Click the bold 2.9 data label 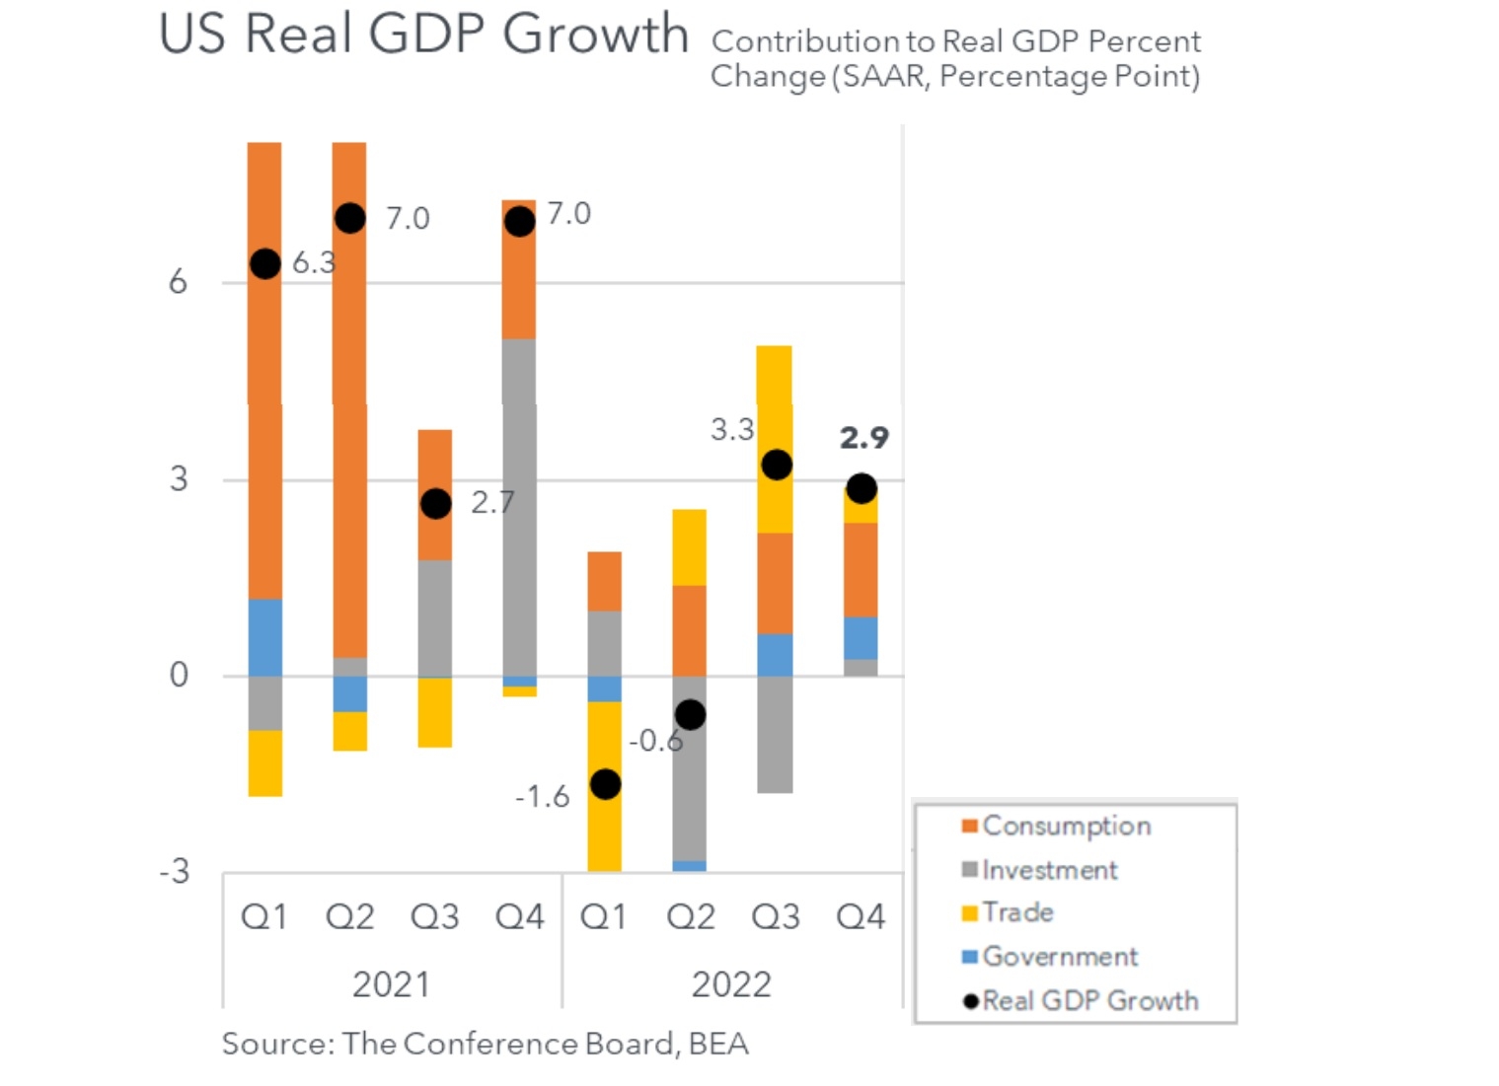tap(864, 437)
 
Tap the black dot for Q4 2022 tap(862, 488)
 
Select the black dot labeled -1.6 tap(605, 784)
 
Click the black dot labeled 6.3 tap(264, 263)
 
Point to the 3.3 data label tap(732, 429)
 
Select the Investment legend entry tap(1049, 870)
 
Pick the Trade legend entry tap(1017, 912)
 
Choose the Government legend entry tap(1059, 956)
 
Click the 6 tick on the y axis tap(178, 282)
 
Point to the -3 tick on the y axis tap(174, 871)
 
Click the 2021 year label tap(391, 984)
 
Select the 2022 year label tap(731, 984)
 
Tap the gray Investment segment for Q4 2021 tap(519, 508)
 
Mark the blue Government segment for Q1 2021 tap(264, 637)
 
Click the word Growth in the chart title tap(595, 35)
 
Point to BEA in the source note tap(718, 1044)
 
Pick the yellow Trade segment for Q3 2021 tap(434, 712)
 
